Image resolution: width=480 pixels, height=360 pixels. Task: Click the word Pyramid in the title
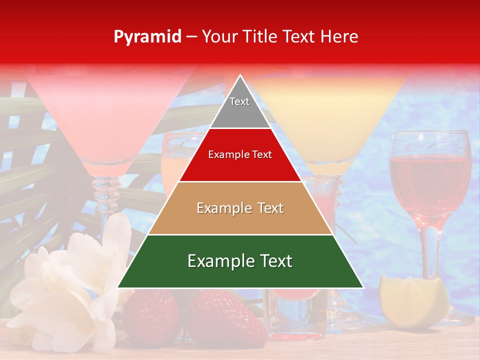[x=147, y=37]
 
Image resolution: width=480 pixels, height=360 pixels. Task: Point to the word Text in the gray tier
[x=239, y=101]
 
